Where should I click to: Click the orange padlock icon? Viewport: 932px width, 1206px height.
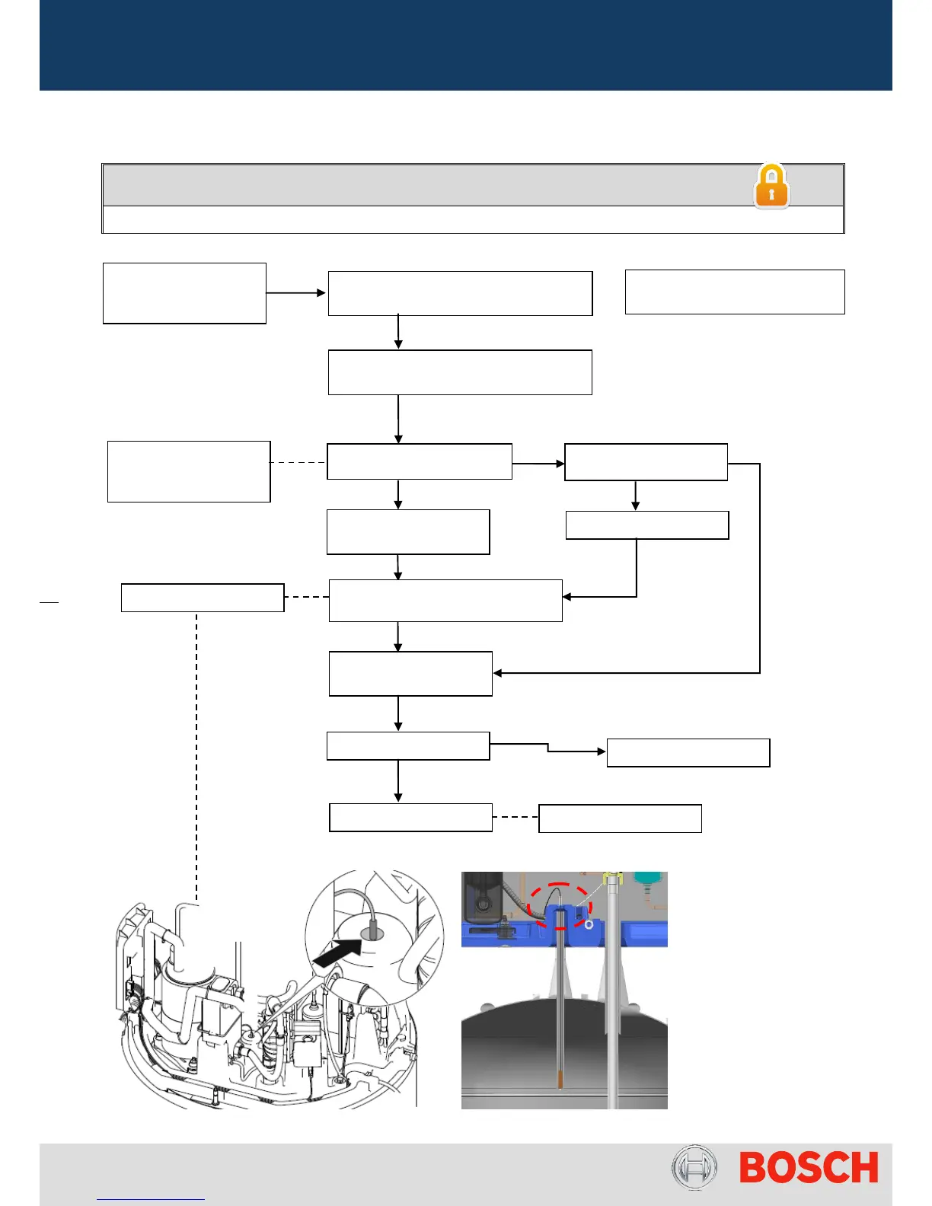click(771, 187)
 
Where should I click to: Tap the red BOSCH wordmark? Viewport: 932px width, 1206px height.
click(809, 1168)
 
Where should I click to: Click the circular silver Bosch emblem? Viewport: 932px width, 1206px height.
click(694, 1168)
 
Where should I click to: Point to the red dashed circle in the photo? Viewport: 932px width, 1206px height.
click(561, 905)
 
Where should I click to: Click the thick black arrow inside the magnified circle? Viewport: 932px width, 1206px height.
click(338, 955)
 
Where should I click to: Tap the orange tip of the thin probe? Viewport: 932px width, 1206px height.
click(560, 1080)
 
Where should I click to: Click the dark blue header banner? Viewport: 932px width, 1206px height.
click(465, 45)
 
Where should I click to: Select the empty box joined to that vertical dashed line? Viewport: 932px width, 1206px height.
click(203, 598)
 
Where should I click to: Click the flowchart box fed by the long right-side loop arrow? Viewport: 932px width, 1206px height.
click(410, 674)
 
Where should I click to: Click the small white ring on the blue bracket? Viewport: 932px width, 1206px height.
click(589, 924)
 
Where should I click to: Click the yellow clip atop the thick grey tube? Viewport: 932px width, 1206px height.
click(612, 880)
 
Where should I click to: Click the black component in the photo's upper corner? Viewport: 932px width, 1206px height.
click(482, 898)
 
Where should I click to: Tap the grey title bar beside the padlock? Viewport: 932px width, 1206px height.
click(426, 185)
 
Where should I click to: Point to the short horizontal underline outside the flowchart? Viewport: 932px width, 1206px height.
click(49, 602)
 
